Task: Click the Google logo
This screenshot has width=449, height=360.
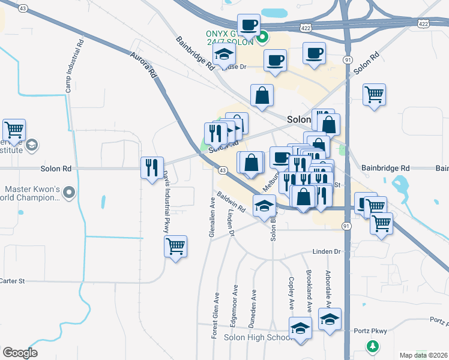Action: [20, 353]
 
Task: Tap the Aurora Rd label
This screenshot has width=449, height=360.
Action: [143, 66]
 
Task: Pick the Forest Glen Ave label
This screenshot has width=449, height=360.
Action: [214, 316]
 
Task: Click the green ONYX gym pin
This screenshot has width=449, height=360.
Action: [262, 40]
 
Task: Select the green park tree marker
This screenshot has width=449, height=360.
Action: [373, 347]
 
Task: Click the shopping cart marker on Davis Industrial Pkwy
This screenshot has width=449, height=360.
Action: [175, 246]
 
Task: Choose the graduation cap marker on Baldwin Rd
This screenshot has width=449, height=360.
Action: [263, 206]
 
